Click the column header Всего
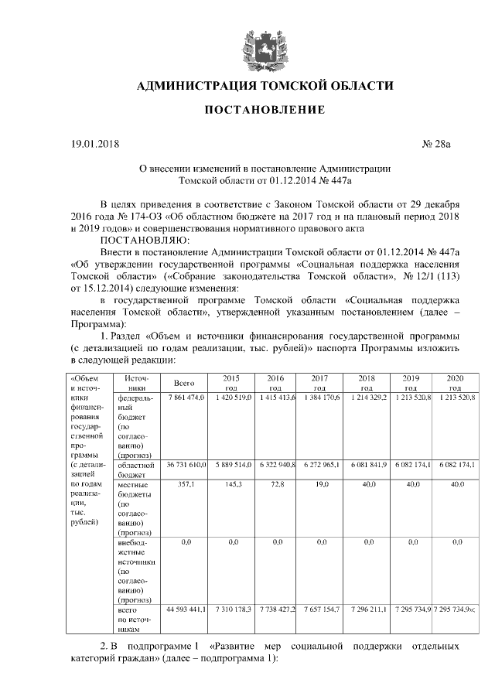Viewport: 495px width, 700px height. click(183, 382)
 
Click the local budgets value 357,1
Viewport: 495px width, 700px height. click(184, 483)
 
